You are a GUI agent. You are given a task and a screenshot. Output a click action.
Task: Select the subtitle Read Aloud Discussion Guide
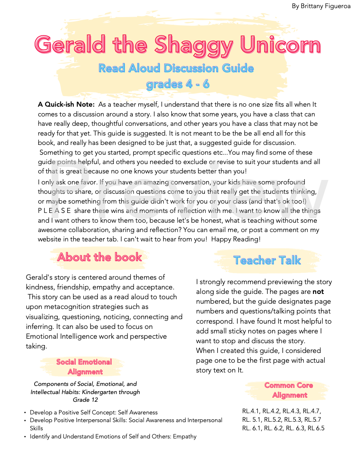[176, 68]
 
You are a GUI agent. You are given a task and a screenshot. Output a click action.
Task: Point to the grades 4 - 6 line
[178, 84]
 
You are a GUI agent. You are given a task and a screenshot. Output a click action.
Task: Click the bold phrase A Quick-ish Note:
[66, 105]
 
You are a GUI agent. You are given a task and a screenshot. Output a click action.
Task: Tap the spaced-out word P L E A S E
[55, 210]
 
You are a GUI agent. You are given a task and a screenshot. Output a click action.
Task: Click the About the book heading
[99, 257]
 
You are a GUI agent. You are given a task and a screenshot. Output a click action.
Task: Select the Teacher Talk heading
[267, 260]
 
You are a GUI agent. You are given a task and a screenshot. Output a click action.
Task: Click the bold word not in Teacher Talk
[318, 291]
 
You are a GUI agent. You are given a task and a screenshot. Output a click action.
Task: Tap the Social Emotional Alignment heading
[84, 367]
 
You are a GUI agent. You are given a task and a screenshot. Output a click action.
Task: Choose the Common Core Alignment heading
[289, 390]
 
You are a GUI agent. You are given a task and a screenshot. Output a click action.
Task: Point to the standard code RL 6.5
[316, 428]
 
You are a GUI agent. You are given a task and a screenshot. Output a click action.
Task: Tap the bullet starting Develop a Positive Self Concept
[93, 412]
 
